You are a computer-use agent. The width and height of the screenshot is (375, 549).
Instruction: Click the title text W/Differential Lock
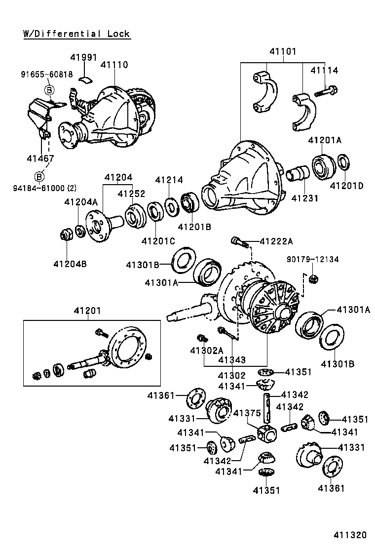76,34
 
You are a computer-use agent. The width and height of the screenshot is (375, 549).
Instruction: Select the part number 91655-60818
47,75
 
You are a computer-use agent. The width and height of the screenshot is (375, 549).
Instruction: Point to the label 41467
40,158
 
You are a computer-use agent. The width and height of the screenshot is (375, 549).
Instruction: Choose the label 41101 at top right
283,51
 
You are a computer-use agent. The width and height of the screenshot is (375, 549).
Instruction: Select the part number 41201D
346,186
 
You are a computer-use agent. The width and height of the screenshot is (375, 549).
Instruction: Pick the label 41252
131,194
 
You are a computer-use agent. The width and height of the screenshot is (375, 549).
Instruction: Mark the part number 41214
169,180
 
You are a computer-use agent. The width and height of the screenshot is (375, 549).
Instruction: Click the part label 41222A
276,241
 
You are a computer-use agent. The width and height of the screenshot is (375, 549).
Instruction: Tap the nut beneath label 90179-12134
312,279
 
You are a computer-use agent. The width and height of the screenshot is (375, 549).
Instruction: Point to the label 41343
232,360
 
